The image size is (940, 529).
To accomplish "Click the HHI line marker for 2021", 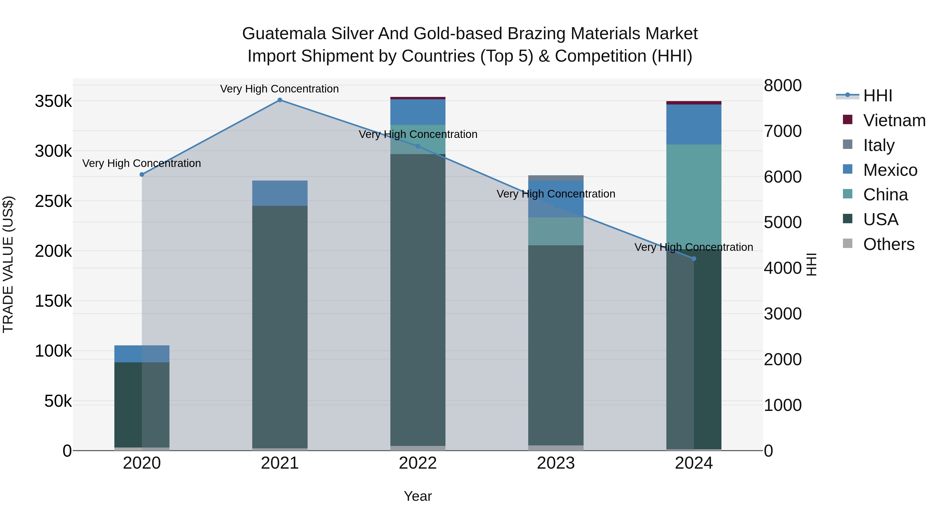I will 280,100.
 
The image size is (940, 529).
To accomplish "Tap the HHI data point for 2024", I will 694,258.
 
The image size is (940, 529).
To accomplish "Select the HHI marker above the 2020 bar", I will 142,175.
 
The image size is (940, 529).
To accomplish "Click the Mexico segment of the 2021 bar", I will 280,193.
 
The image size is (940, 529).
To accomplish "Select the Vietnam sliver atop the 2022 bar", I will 418,98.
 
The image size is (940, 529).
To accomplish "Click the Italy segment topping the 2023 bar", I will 556,178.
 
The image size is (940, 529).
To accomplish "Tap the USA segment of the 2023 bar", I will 556,343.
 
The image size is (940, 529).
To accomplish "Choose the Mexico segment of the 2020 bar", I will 142,354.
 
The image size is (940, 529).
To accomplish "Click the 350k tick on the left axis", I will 53,102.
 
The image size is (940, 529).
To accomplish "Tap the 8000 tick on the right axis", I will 783,86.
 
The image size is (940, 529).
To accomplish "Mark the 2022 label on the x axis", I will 418,463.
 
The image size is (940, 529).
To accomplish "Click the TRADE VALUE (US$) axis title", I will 8,264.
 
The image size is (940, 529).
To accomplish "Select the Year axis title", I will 418,496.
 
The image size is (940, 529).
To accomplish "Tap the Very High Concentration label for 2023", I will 556,194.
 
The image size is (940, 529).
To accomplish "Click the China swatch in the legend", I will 848,194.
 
